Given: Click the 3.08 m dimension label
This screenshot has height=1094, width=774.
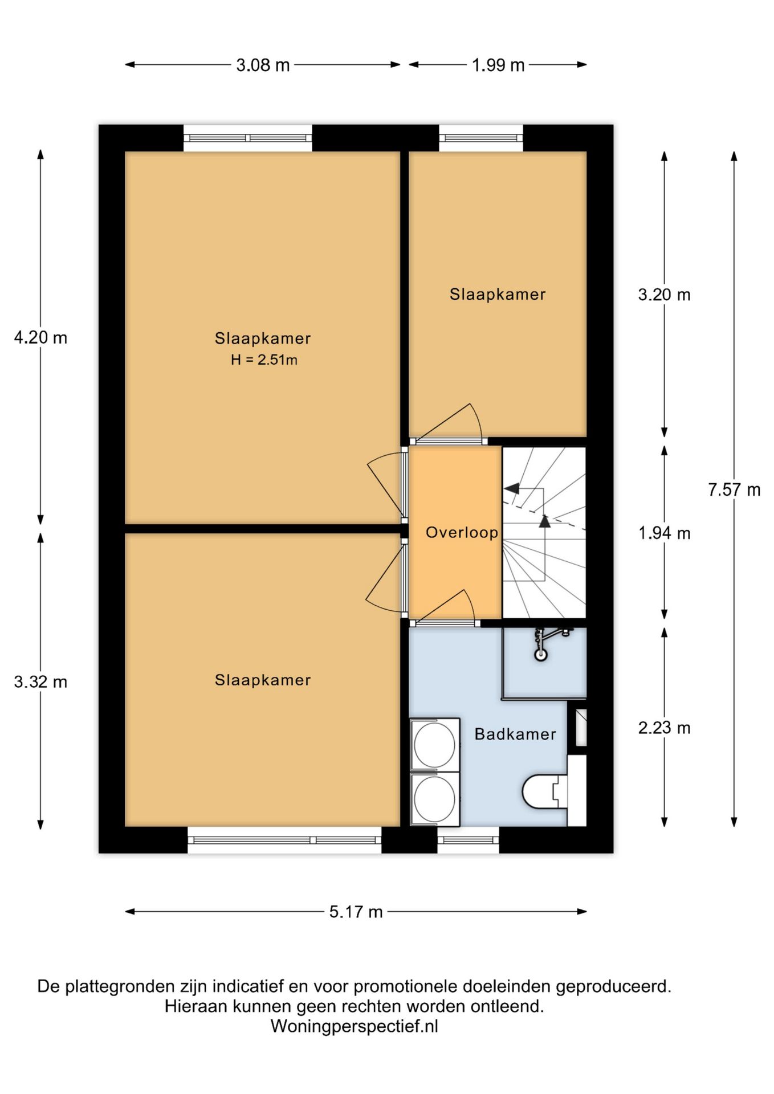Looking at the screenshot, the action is pyautogui.click(x=263, y=65).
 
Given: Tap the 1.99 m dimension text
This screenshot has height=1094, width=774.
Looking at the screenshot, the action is pyautogui.click(x=498, y=65).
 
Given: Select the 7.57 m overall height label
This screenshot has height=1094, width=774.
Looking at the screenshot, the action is pyautogui.click(x=734, y=489).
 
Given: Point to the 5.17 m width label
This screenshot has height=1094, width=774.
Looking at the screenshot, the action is pyautogui.click(x=356, y=912).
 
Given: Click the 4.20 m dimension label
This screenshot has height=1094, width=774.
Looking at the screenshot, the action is pyautogui.click(x=40, y=338).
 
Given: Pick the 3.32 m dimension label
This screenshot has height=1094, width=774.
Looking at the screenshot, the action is pyautogui.click(x=40, y=681).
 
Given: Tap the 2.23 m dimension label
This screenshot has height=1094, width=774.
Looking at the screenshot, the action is pyautogui.click(x=664, y=728).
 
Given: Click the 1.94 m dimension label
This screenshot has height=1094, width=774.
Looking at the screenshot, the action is pyautogui.click(x=664, y=533).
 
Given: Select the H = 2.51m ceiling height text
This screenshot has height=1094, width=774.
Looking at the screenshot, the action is pyautogui.click(x=264, y=360).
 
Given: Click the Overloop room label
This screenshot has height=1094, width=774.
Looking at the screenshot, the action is pyautogui.click(x=462, y=533).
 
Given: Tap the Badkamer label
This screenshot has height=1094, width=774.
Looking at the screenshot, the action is pyautogui.click(x=515, y=734).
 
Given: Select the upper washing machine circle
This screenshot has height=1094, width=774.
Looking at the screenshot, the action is pyautogui.click(x=435, y=745).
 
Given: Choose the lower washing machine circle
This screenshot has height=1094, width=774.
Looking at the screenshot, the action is pyautogui.click(x=435, y=798).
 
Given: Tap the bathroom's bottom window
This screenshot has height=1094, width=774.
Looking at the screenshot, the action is pyautogui.click(x=468, y=840).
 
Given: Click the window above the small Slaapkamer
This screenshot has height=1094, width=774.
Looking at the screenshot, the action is pyautogui.click(x=481, y=138).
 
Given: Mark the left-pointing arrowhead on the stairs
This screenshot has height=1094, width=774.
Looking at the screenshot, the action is pyautogui.click(x=511, y=488).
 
